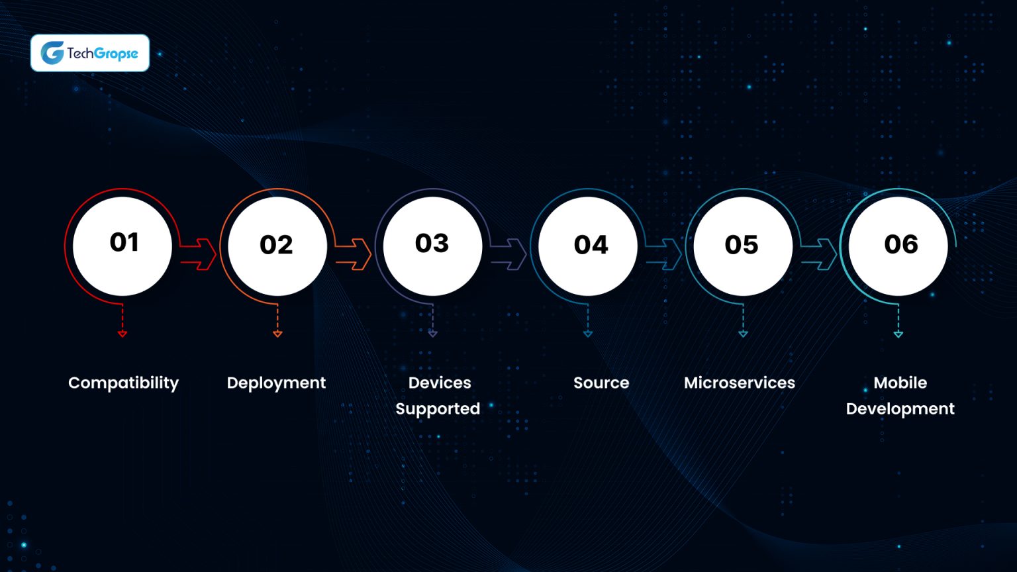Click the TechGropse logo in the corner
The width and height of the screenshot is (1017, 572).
point(90,53)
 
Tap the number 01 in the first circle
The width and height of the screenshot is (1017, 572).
point(124,242)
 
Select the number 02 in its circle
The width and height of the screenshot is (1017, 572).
point(276,245)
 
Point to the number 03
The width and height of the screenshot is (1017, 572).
point(432,243)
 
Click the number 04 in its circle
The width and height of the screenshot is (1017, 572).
point(591,245)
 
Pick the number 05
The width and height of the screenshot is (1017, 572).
point(742,245)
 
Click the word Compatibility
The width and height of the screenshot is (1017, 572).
point(124,383)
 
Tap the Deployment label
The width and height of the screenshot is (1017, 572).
point(276,383)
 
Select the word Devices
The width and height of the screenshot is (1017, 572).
point(440,383)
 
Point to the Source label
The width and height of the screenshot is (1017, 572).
point(601,383)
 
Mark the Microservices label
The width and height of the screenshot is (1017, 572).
point(740,383)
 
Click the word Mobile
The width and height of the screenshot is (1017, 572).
point(900,383)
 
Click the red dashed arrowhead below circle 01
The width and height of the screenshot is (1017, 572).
point(122,334)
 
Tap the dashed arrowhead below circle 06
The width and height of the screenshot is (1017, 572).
point(898,334)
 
